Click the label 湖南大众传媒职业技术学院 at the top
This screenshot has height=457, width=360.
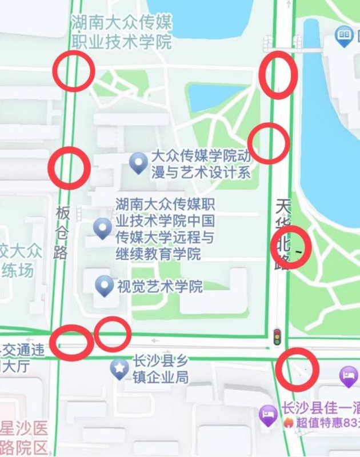click(121, 32)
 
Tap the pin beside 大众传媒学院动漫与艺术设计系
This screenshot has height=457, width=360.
click(138, 163)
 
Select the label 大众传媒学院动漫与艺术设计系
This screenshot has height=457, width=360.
click(200, 164)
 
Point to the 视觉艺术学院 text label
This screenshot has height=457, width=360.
click(159, 286)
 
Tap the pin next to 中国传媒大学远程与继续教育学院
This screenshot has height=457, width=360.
click(102, 228)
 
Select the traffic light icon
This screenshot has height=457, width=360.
click(277, 336)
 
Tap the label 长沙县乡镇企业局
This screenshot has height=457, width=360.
click(160, 369)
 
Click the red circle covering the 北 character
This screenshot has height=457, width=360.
click(290, 247)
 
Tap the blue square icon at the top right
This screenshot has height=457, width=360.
click(343, 37)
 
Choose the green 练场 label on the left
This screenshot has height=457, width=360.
click(17, 270)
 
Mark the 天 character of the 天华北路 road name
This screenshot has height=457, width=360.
click(283, 207)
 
